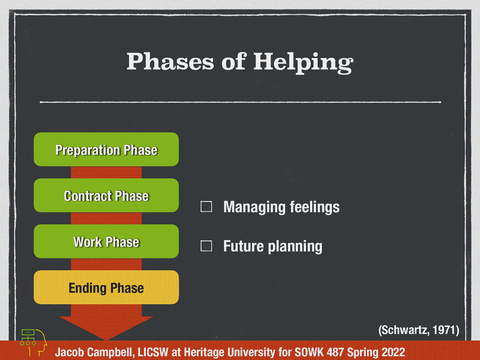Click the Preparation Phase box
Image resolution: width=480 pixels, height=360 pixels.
click(x=106, y=149)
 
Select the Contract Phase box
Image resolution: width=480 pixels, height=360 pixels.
click(x=106, y=196)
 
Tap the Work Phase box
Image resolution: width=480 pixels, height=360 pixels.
click(x=106, y=241)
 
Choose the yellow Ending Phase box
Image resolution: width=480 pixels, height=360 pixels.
click(x=106, y=287)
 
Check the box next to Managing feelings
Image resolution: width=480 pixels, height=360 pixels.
click(x=206, y=206)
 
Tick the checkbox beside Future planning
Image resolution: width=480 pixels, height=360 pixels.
click(x=206, y=246)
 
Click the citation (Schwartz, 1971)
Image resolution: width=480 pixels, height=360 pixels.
click(x=418, y=330)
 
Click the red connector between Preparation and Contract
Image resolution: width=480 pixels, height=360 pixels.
click(x=106, y=172)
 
